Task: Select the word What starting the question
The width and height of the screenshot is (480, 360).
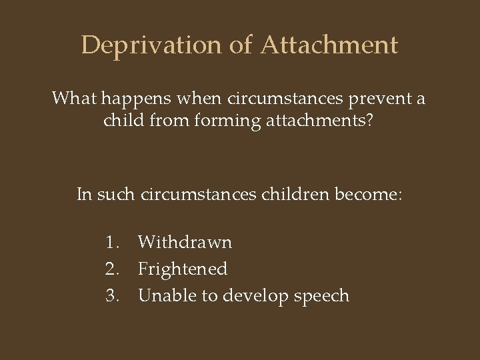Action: click(74, 99)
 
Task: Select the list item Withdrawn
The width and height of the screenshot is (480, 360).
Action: click(185, 242)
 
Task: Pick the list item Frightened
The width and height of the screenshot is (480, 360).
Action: click(183, 269)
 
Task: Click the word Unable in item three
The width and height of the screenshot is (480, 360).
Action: click(163, 295)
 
